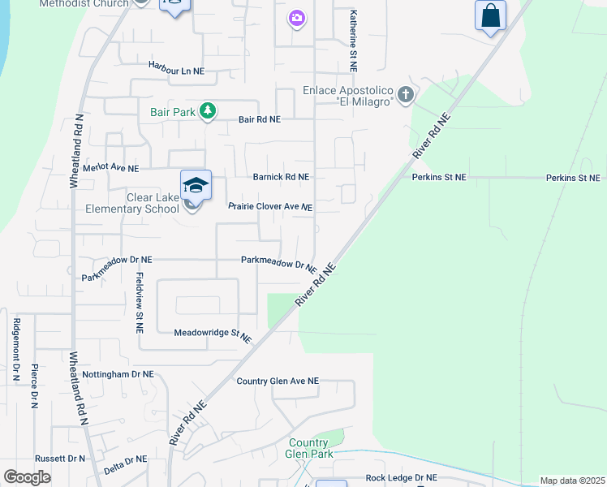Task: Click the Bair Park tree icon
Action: coord(208,111)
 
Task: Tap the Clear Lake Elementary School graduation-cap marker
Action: coord(196,186)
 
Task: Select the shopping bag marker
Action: coord(490,15)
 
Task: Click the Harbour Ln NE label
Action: coord(176,71)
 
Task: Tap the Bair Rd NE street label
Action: coord(260,119)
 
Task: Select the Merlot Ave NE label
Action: coord(111,168)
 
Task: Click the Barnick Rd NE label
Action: coord(281,176)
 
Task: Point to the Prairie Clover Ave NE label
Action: coord(270,206)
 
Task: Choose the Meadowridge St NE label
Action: coord(213,333)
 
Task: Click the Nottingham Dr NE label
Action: coord(118,374)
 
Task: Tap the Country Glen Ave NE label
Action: coord(278,381)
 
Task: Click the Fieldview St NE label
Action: coord(139,303)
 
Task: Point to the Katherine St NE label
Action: coord(353,40)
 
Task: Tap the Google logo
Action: coord(27,477)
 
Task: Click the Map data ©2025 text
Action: coord(572,481)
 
